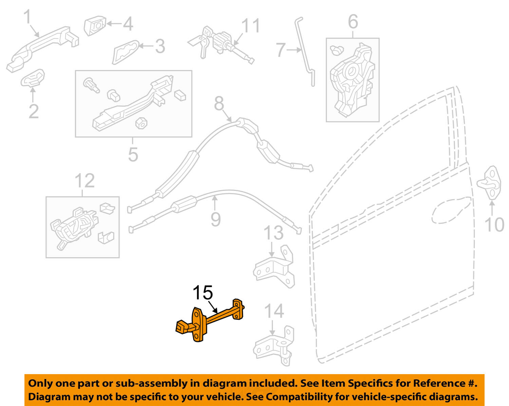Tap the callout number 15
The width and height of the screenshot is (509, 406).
pos(203,292)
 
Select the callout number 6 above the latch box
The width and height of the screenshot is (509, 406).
pos(353,22)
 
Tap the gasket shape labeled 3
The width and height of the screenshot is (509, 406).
pos(125,52)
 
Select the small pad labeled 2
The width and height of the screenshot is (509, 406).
pos(33,78)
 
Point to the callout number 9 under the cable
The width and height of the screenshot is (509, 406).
pos(215,219)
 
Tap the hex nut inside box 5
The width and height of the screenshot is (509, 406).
pos(141,123)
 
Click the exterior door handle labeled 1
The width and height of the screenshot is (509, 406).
pos(42,49)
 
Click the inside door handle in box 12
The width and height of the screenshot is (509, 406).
pos(74,227)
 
